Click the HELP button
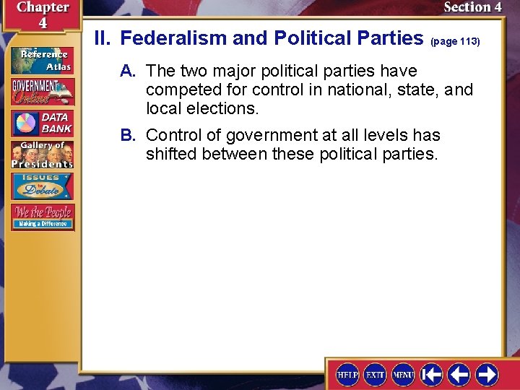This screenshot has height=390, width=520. tap(347, 374)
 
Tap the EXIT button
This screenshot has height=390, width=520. tap(375, 374)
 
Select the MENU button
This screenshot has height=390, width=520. tap(402, 374)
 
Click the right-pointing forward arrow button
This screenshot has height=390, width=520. tap(487, 374)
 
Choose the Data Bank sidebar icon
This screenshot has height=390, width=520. tap(42, 123)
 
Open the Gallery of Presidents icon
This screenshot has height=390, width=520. tap(42, 154)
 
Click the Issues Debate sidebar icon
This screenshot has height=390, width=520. tap(42, 186)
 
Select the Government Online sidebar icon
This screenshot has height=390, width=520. tap(42, 92)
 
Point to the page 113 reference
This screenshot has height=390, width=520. tap(455, 42)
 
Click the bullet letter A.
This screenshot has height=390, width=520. tap(128, 71)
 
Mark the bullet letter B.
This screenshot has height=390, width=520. tap(128, 135)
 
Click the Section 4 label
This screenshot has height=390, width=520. tap(472, 7)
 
